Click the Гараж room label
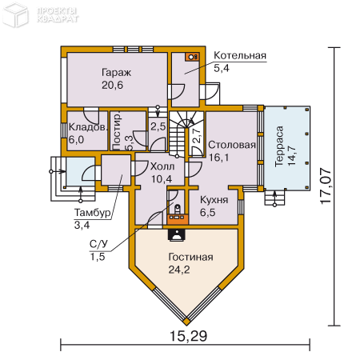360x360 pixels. (116, 73)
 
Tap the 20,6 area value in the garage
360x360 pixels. (112, 86)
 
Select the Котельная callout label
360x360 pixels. (240, 55)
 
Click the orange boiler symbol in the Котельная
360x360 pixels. (192, 57)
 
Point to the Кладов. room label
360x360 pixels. (88, 127)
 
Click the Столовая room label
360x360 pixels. (232, 145)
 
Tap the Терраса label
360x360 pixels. (279, 146)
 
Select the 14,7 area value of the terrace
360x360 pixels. (292, 156)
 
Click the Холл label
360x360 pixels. (162, 166)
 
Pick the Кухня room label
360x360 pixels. (214, 200)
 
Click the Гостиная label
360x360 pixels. (190, 257)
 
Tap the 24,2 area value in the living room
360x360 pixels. (179, 270)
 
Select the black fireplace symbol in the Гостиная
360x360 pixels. (176, 235)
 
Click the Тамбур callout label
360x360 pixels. (92, 213)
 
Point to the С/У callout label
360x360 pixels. (98, 244)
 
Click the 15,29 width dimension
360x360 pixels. (188, 336)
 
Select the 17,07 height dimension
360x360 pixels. (326, 186)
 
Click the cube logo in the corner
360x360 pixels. (15, 16)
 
